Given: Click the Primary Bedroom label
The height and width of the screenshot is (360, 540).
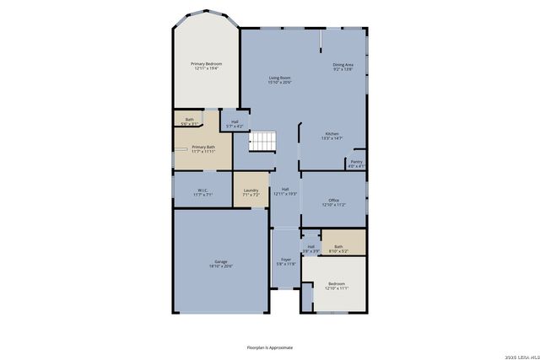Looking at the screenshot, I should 206,66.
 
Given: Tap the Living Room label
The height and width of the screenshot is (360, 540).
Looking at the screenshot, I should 279,79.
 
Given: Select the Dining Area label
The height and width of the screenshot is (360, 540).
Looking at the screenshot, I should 343,67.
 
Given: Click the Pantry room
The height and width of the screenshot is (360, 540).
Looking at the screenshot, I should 357,163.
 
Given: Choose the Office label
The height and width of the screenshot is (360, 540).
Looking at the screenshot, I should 333,201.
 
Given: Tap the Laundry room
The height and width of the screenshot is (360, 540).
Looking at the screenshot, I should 251,191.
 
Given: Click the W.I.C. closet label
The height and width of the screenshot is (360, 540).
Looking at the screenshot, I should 202,191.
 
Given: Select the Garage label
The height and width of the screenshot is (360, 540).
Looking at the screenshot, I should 220,264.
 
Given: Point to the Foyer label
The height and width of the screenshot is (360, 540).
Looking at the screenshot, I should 286,261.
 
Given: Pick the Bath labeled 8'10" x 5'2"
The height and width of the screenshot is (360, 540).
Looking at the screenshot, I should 337,248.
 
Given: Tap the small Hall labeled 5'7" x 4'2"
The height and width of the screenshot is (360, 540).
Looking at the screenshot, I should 234,124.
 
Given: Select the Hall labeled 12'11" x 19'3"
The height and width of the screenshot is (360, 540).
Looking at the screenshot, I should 285,191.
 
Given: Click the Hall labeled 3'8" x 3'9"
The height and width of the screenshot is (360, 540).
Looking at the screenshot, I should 310,248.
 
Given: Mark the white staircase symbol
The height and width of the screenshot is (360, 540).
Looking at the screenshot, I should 262,142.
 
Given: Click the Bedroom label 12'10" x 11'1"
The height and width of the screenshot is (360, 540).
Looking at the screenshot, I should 337,286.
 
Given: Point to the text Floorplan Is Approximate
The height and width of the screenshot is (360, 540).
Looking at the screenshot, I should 269,347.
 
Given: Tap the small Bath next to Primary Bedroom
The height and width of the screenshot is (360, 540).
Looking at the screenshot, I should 190,121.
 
